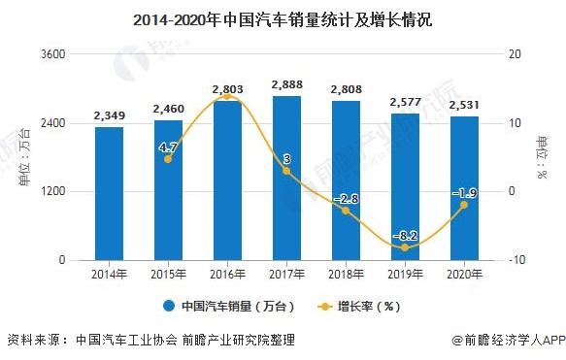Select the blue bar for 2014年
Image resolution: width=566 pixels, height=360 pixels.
point(109,193)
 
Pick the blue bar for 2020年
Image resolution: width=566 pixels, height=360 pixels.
point(463,188)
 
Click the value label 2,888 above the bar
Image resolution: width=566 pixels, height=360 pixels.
point(286,85)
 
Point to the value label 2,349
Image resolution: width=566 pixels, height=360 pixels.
point(109,116)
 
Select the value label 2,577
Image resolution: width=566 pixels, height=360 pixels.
point(404,103)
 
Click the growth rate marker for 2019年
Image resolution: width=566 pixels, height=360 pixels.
point(404,247)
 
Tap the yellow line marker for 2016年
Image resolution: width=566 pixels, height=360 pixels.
point(227,96)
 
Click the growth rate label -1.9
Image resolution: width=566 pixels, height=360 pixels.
point(463,192)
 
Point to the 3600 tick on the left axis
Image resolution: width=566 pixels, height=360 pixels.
point(53,54)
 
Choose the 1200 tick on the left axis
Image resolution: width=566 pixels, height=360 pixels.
point(53,192)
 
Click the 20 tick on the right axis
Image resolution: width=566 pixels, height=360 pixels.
point(514,54)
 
